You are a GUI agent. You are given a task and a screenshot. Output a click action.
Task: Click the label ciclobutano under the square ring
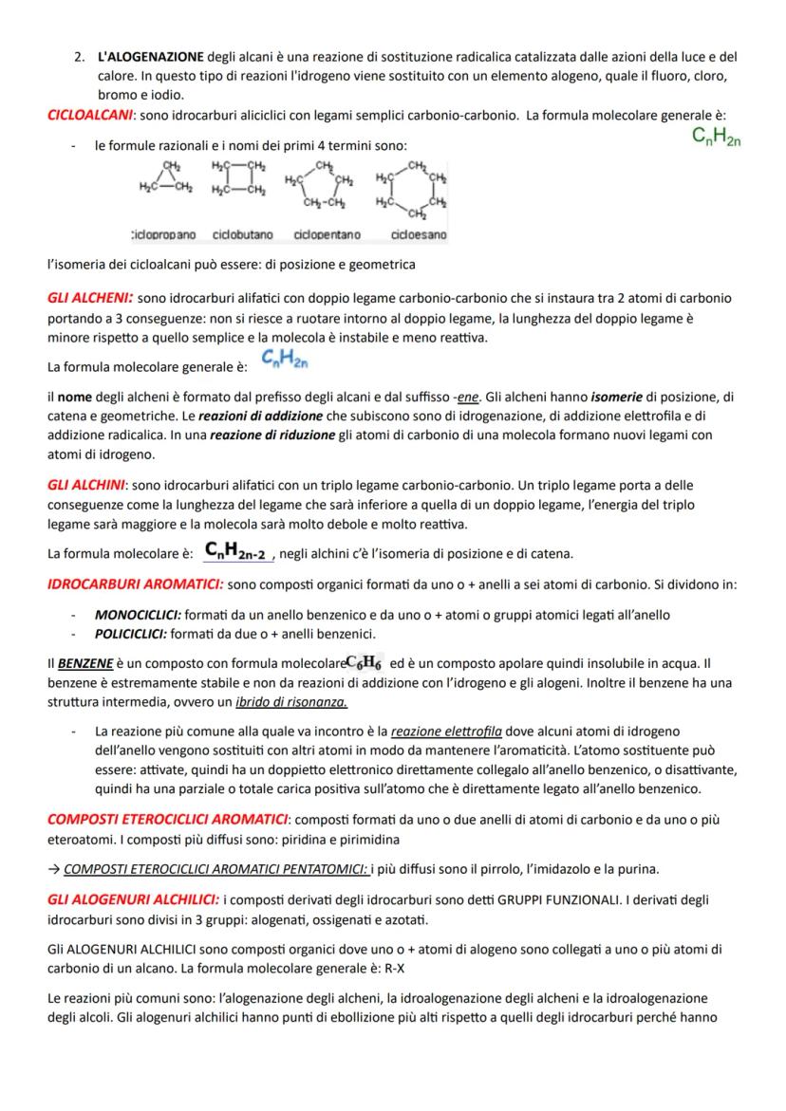[242, 234]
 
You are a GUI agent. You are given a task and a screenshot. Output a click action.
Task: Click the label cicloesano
[418, 234]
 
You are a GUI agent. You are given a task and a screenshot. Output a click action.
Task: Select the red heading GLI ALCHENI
[91, 298]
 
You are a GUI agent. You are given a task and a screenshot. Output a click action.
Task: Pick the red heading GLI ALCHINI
[87, 484]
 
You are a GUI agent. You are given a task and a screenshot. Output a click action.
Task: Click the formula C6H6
[365, 663]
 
